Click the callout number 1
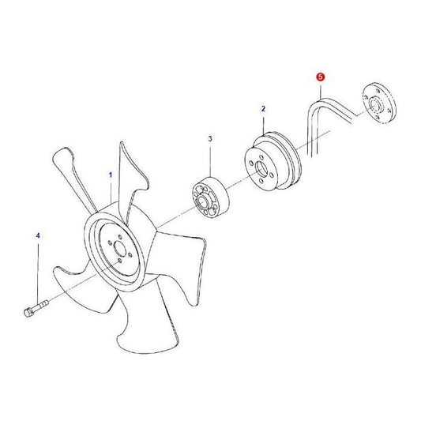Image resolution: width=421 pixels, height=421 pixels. point(111,173)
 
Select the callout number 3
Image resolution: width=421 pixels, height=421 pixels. point(210,139)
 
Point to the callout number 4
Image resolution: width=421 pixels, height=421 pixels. point(37,235)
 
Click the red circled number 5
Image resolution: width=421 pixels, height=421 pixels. point(320,77)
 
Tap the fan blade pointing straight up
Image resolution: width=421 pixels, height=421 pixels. point(126,174)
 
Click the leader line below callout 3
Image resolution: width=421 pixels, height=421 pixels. point(210,158)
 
